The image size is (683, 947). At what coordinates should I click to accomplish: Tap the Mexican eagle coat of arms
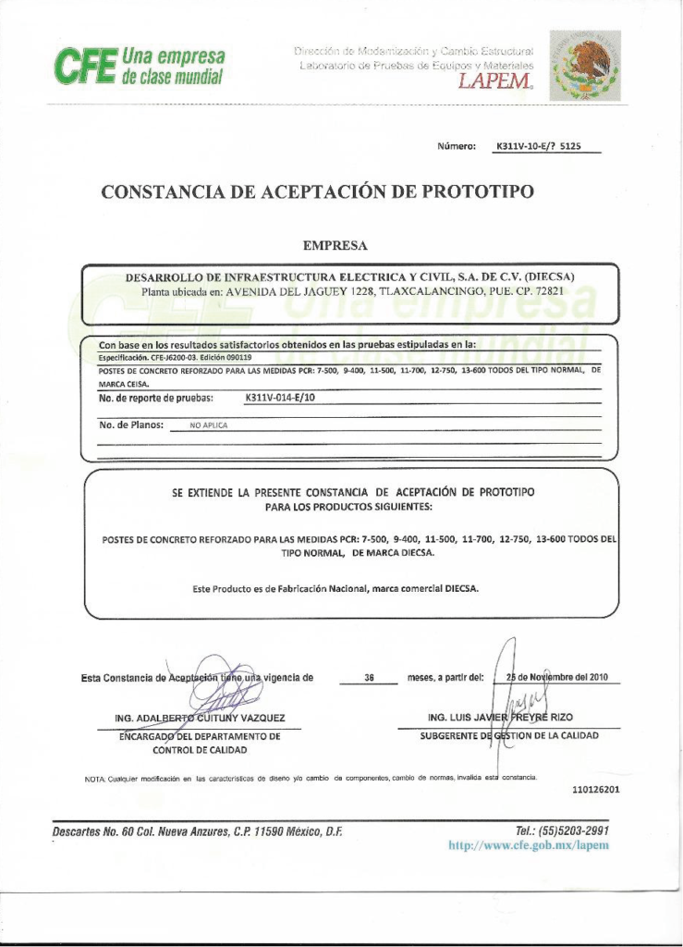585,65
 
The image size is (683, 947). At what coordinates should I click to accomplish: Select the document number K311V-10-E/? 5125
538,146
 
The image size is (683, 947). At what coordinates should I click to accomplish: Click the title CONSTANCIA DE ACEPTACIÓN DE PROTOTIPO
317,192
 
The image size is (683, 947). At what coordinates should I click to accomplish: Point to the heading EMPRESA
335,245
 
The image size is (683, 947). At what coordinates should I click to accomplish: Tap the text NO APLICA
209,425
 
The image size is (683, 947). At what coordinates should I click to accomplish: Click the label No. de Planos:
131,424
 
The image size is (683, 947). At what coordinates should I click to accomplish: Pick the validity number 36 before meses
369,678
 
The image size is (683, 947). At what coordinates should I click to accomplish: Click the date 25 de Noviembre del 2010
557,677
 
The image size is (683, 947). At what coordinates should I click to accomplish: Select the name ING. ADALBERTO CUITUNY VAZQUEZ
200,718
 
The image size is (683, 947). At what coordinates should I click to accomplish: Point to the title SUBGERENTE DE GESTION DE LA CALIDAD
509,736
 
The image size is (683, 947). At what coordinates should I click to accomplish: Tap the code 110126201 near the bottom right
595,790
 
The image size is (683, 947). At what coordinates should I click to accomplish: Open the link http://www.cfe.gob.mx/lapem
528,845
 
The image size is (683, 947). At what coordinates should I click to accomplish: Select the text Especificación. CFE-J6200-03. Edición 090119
175,356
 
